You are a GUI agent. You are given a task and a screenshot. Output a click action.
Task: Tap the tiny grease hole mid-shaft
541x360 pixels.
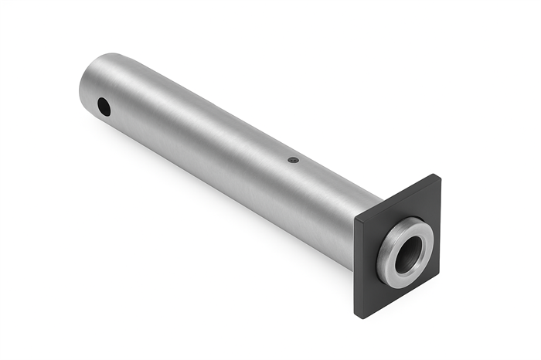[x=292, y=160]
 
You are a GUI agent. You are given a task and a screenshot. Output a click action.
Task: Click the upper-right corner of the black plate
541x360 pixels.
[x=438, y=176]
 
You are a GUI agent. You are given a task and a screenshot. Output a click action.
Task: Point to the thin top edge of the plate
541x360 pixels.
[x=396, y=198]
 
